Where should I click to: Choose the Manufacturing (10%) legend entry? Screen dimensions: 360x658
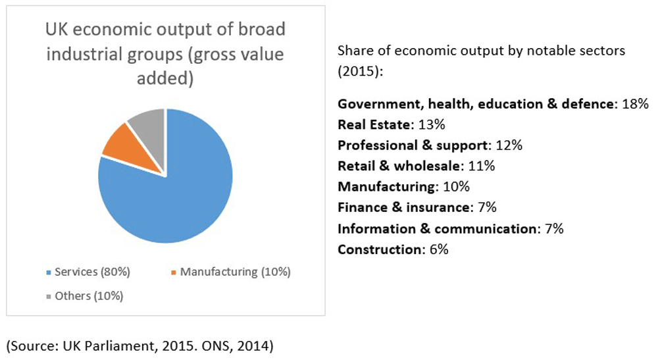pos(230,271)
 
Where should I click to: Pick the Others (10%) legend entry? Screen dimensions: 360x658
pos(91,296)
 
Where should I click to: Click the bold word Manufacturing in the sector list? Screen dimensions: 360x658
pos(387,186)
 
